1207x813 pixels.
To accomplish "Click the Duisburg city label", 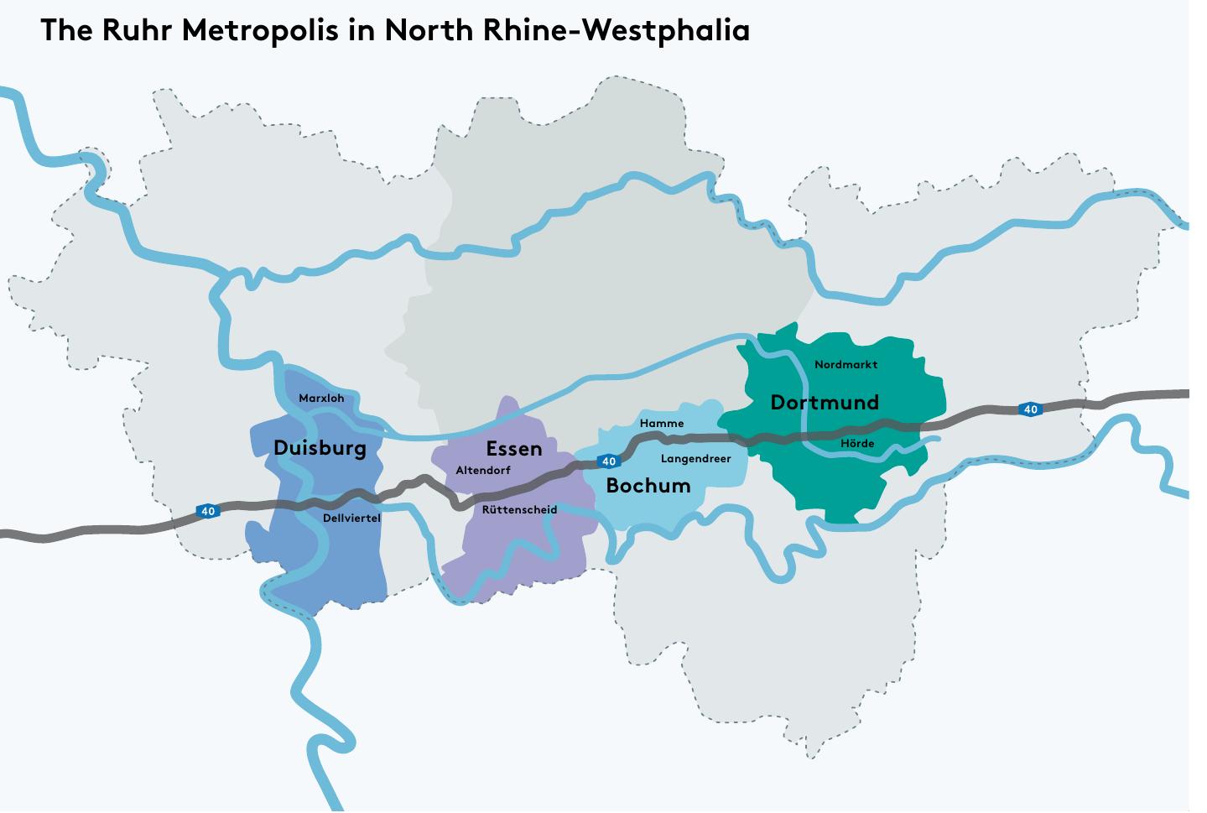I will click(320, 448).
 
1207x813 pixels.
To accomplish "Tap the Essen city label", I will click(514, 449).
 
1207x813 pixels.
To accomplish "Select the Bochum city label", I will click(648, 486).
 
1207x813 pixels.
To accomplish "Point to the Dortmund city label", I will click(825, 403).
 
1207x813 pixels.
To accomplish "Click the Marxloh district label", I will click(321, 399).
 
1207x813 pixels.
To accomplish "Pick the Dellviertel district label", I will click(351, 519).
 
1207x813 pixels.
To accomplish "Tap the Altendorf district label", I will click(482, 471).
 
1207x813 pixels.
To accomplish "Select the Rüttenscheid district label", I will click(519, 510).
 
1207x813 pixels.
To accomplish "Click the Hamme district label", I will click(662, 424).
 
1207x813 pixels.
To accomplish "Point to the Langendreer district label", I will click(695, 459).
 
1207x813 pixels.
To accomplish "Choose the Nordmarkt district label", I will click(845, 365).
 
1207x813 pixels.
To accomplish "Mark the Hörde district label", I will click(857, 444).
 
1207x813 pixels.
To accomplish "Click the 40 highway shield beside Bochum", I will click(609, 461).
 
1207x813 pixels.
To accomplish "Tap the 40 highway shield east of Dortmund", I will click(1031, 409).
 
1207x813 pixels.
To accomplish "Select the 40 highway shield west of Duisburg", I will click(208, 511).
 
